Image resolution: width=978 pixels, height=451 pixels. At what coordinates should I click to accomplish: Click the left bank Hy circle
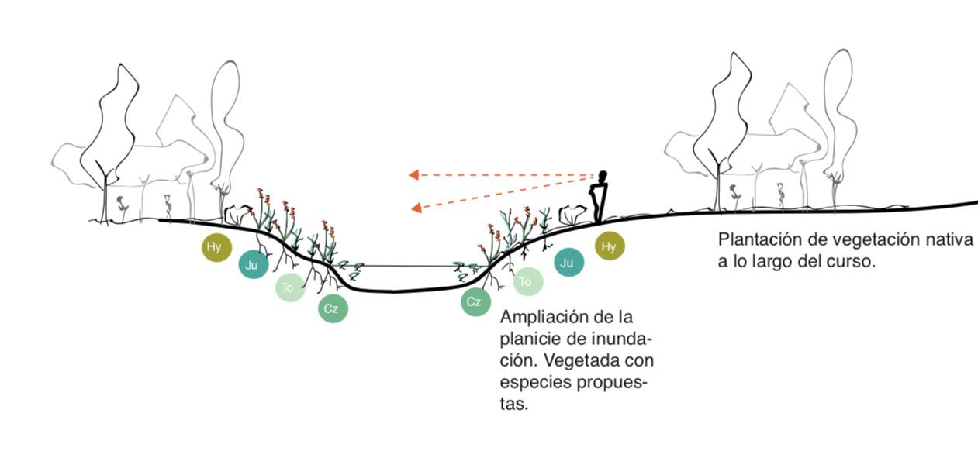pyautogui.click(x=215, y=248)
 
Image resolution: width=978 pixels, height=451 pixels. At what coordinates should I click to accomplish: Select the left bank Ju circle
pyautogui.click(x=251, y=265)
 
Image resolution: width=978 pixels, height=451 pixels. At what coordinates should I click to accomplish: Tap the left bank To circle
pyautogui.click(x=289, y=288)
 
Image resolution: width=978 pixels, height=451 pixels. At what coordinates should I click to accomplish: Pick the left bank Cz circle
pyautogui.click(x=332, y=309)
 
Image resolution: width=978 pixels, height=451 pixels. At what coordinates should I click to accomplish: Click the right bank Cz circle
pyautogui.click(x=475, y=301)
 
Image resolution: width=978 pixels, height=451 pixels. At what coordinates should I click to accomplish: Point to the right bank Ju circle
pyautogui.click(x=568, y=263)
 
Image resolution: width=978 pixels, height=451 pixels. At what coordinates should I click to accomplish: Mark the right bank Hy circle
pyautogui.click(x=610, y=246)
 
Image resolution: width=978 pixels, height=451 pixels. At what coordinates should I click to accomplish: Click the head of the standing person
pyautogui.click(x=603, y=175)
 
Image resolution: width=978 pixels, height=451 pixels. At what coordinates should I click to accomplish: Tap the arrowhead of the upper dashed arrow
pyautogui.click(x=413, y=175)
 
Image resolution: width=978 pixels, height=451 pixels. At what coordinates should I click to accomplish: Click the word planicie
pyautogui.click(x=530, y=339)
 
